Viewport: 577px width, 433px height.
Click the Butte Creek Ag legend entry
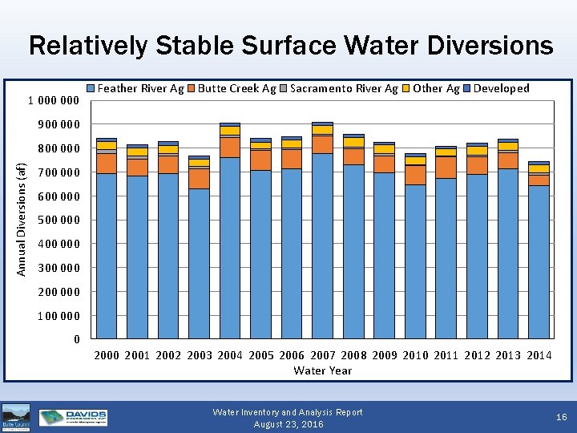(x=232, y=88)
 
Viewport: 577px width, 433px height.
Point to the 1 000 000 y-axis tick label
(x=54, y=100)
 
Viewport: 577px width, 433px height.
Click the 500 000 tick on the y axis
(x=59, y=220)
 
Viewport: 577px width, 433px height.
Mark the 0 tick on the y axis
(x=77, y=339)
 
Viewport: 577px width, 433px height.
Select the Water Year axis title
(x=322, y=370)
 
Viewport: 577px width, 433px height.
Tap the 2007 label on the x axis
(x=323, y=355)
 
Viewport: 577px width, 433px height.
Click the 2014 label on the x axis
(x=539, y=355)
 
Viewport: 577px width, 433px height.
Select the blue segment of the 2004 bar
(x=230, y=249)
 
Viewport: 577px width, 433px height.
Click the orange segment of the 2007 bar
(x=323, y=144)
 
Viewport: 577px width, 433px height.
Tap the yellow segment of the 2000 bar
(x=107, y=146)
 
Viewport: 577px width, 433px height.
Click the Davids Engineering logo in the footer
(x=74, y=417)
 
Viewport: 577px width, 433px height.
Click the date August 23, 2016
(x=288, y=424)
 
